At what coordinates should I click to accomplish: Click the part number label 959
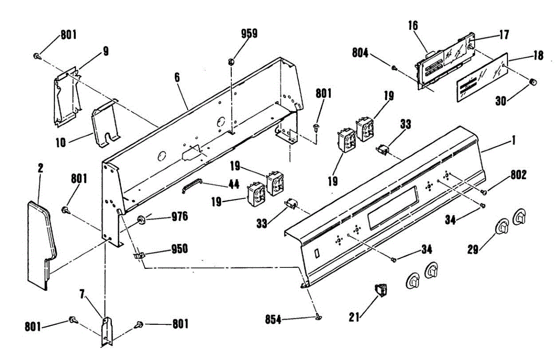pos(249,33)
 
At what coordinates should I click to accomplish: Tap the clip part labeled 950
pos(139,254)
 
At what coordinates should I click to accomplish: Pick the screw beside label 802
pos(484,192)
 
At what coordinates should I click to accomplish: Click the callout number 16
pos(413,25)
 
